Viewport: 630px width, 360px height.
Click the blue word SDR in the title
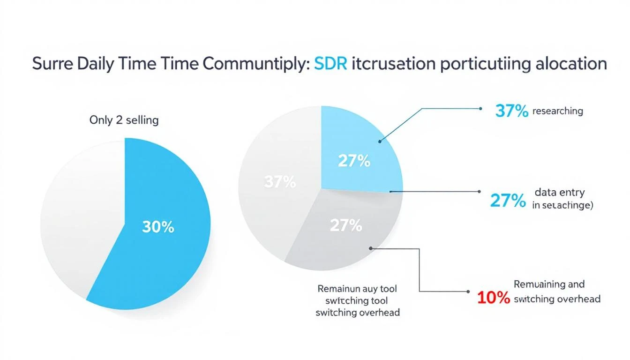[330, 64]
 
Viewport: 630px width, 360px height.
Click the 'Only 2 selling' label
[124, 120]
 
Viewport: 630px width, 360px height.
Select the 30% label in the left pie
[158, 227]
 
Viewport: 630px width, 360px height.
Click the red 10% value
[493, 298]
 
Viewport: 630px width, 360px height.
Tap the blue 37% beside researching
[512, 112]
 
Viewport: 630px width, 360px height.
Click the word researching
[558, 111]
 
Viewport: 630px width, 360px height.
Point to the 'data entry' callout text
[559, 193]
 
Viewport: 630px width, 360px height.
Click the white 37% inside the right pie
[280, 182]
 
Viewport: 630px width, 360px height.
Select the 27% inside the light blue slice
[354, 161]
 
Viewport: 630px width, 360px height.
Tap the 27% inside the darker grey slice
[346, 226]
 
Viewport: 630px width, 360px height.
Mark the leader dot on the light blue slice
[380, 140]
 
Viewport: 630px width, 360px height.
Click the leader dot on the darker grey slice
[371, 248]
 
